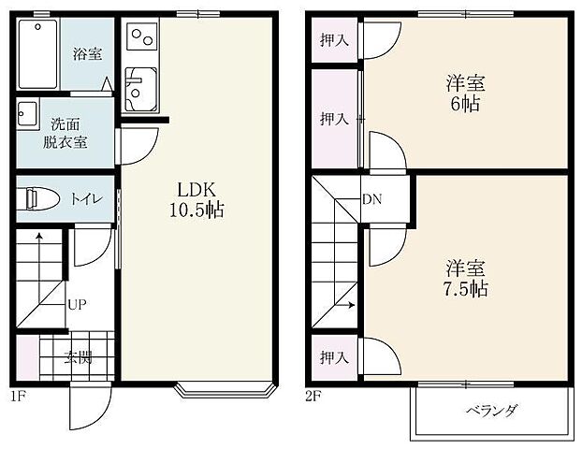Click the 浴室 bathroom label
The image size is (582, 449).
point(88,54)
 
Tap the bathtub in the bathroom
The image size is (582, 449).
point(37,52)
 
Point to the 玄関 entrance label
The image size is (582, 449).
point(78,356)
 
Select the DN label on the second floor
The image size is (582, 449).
point(371,199)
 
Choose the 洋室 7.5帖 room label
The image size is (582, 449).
point(465,278)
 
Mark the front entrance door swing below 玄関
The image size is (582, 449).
point(89,408)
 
